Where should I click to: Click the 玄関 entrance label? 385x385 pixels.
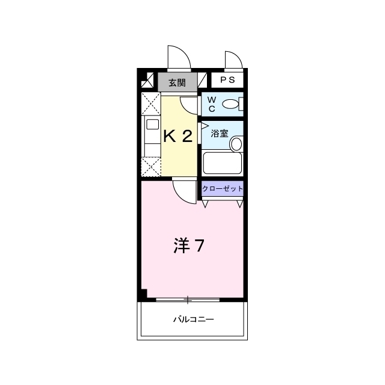coord(177,83)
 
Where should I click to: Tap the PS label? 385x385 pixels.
coord(227,80)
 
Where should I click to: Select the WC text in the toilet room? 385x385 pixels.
coord(212,104)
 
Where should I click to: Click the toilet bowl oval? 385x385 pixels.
coord(230,104)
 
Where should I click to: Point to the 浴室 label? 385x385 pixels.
coord(220,134)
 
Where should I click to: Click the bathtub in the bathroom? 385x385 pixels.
coord(223,163)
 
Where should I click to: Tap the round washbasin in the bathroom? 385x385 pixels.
coord(236,144)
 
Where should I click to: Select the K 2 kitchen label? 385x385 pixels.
coord(178,136)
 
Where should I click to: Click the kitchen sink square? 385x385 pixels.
coord(152,125)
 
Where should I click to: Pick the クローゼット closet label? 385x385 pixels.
coord(223,188)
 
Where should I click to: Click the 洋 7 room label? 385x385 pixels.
coord(189,245)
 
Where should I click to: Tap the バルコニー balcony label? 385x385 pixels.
coord(194,319)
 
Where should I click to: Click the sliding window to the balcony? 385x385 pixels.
coord(188,300)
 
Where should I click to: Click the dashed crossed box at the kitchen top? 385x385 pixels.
coord(151,104)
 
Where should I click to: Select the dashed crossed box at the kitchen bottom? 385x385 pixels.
coord(151,167)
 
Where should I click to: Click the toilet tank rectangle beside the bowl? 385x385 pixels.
coord(241,104)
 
